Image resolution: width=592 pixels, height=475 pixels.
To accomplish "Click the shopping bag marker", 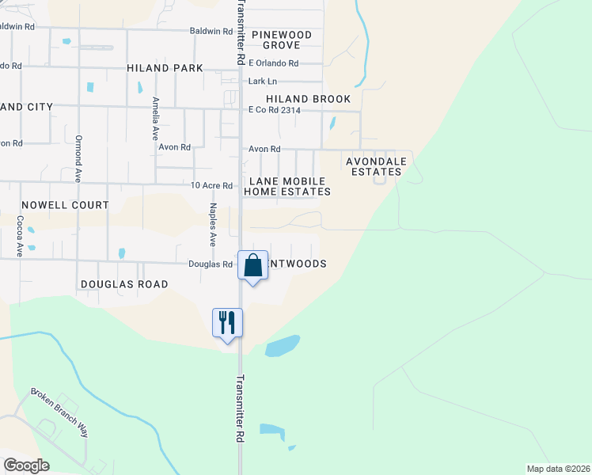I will click(x=252, y=267).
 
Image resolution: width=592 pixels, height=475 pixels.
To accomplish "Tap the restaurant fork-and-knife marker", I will click(x=227, y=324).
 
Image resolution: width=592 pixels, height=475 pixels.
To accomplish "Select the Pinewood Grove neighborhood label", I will click(x=282, y=40).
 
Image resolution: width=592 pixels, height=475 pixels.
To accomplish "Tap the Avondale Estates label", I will click(x=377, y=166).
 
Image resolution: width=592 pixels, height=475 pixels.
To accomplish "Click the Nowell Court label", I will click(x=65, y=205).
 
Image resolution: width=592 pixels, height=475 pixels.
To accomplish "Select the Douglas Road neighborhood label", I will click(x=124, y=284).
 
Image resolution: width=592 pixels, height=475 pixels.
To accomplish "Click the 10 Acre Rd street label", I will click(x=212, y=186).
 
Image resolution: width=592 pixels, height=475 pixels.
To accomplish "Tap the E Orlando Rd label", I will click(x=273, y=63).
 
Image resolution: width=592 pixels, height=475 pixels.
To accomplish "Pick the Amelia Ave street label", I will click(x=156, y=118).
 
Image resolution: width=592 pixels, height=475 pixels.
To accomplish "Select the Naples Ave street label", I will click(x=212, y=224).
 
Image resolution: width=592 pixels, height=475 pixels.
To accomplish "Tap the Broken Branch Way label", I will click(x=59, y=412).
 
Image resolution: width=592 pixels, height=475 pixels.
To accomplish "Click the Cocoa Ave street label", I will click(x=21, y=235).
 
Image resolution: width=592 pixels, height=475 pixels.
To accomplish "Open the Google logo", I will click(x=27, y=465).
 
